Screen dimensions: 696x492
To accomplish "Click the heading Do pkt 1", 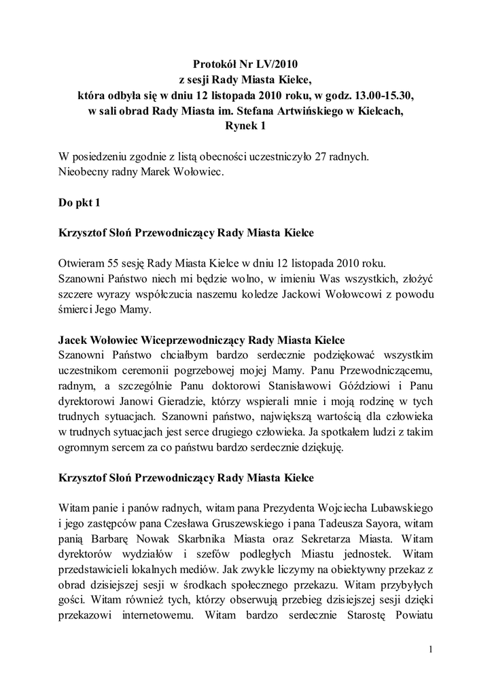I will [80, 202].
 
